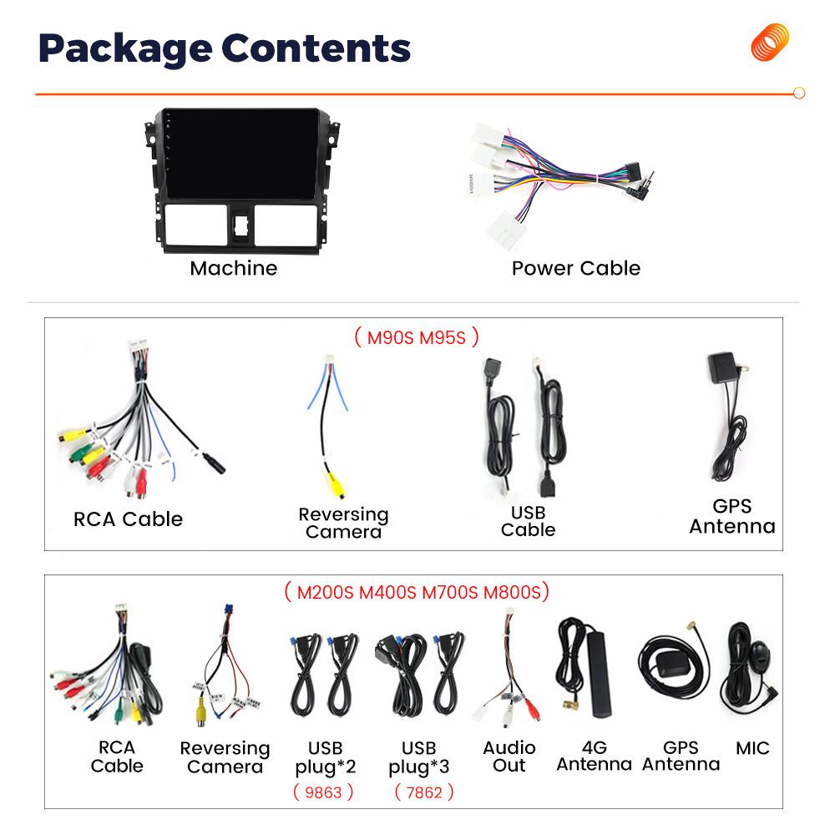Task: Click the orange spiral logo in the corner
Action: tap(769, 42)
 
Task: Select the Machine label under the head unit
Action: tap(233, 268)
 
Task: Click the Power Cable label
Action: tap(575, 268)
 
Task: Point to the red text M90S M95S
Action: tap(416, 337)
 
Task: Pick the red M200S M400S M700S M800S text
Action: tap(417, 592)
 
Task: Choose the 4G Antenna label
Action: tap(594, 756)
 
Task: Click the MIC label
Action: tap(752, 748)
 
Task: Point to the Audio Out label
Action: tap(509, 756)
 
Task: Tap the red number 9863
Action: tap(322, 792)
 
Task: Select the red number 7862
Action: tap(423, 792)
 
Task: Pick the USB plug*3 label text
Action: tap(418, 757)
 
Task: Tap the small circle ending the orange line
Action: tap(798, 94)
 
